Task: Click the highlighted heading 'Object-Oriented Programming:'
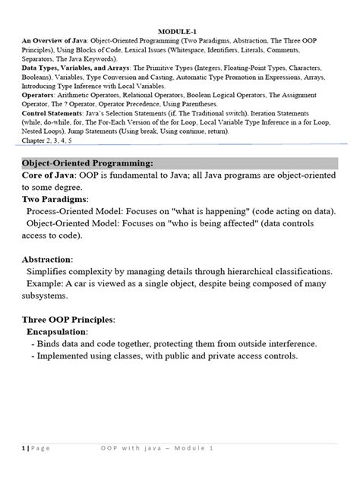coord(87,163)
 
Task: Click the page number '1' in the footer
coord(23,449)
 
